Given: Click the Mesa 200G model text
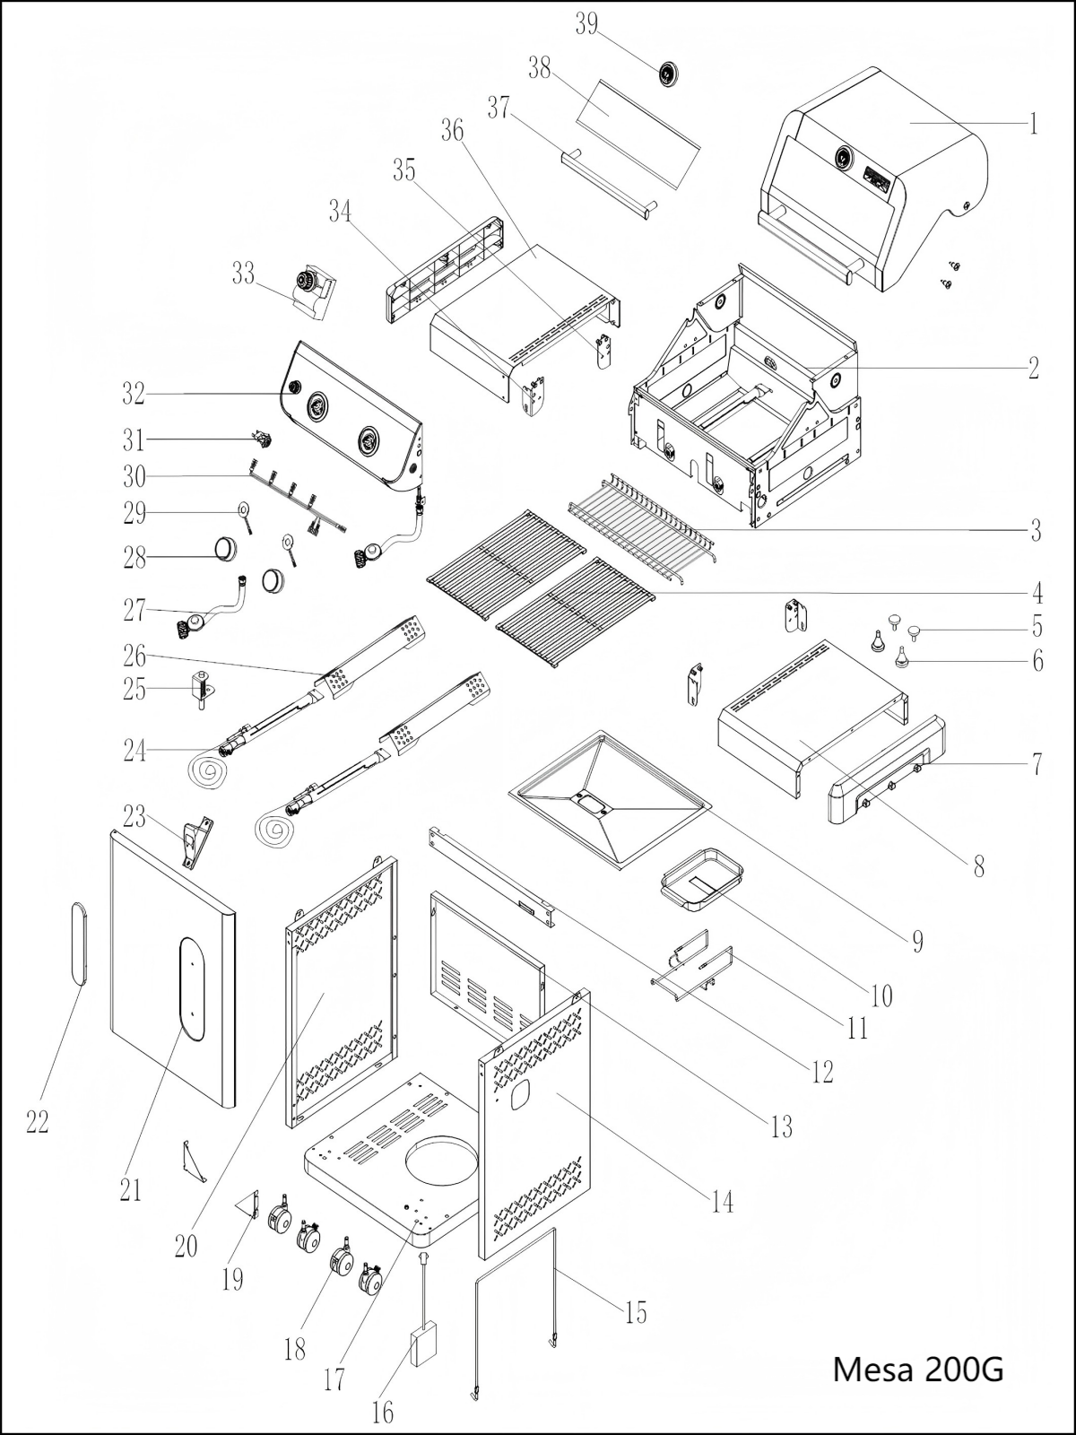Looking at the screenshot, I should (x=918, y=1370).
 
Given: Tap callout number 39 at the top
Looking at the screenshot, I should (x=586, y=24).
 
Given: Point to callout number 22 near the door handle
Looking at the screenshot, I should (x=37, y=1121).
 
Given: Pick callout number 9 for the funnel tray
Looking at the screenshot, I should (x=917, y=941).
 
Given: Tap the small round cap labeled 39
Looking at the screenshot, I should (x=669, y=74).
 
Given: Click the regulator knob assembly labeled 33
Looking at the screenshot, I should (x=312, y=290).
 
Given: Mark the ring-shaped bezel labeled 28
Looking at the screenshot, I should (x=226, y=547).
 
